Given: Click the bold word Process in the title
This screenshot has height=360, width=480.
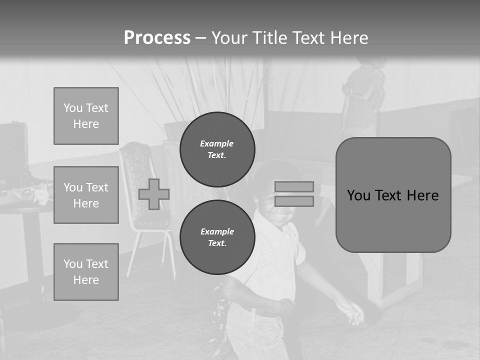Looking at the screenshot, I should [x=157, y=38].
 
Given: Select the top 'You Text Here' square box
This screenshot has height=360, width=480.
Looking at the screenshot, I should [x=86, y=116].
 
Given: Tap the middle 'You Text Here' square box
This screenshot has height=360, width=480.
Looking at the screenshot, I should [x=86, y=195].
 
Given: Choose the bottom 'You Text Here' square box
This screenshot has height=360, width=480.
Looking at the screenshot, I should [x=86, y=272].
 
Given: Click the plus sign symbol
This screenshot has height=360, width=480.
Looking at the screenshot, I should [x=154, y=194].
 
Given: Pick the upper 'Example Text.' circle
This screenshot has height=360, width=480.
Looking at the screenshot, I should [x=217, y=149].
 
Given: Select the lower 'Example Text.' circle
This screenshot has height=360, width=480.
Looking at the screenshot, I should [x=217, y=237].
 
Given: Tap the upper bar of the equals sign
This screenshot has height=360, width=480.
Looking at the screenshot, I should [x=294, y=186].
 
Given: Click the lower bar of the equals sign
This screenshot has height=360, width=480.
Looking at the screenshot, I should [x=294, y=201].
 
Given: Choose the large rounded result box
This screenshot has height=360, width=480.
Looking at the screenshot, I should [x=393, y=195].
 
